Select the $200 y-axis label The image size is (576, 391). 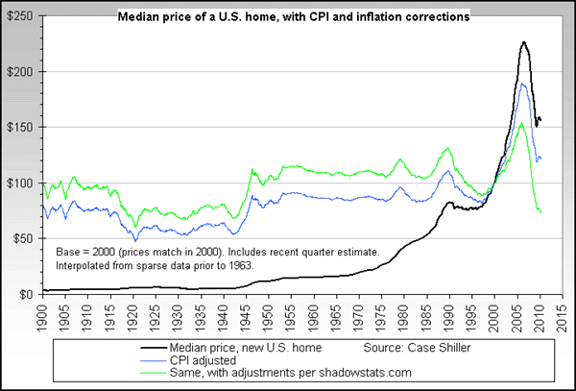(18, 72)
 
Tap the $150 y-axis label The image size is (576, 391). (18, 128)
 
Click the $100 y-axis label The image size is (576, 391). (18, 183)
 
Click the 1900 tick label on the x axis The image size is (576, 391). (40, 315)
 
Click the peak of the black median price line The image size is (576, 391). (523, 42)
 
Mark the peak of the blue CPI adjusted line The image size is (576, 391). (521, 84)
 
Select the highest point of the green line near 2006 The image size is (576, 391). (520, 123)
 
